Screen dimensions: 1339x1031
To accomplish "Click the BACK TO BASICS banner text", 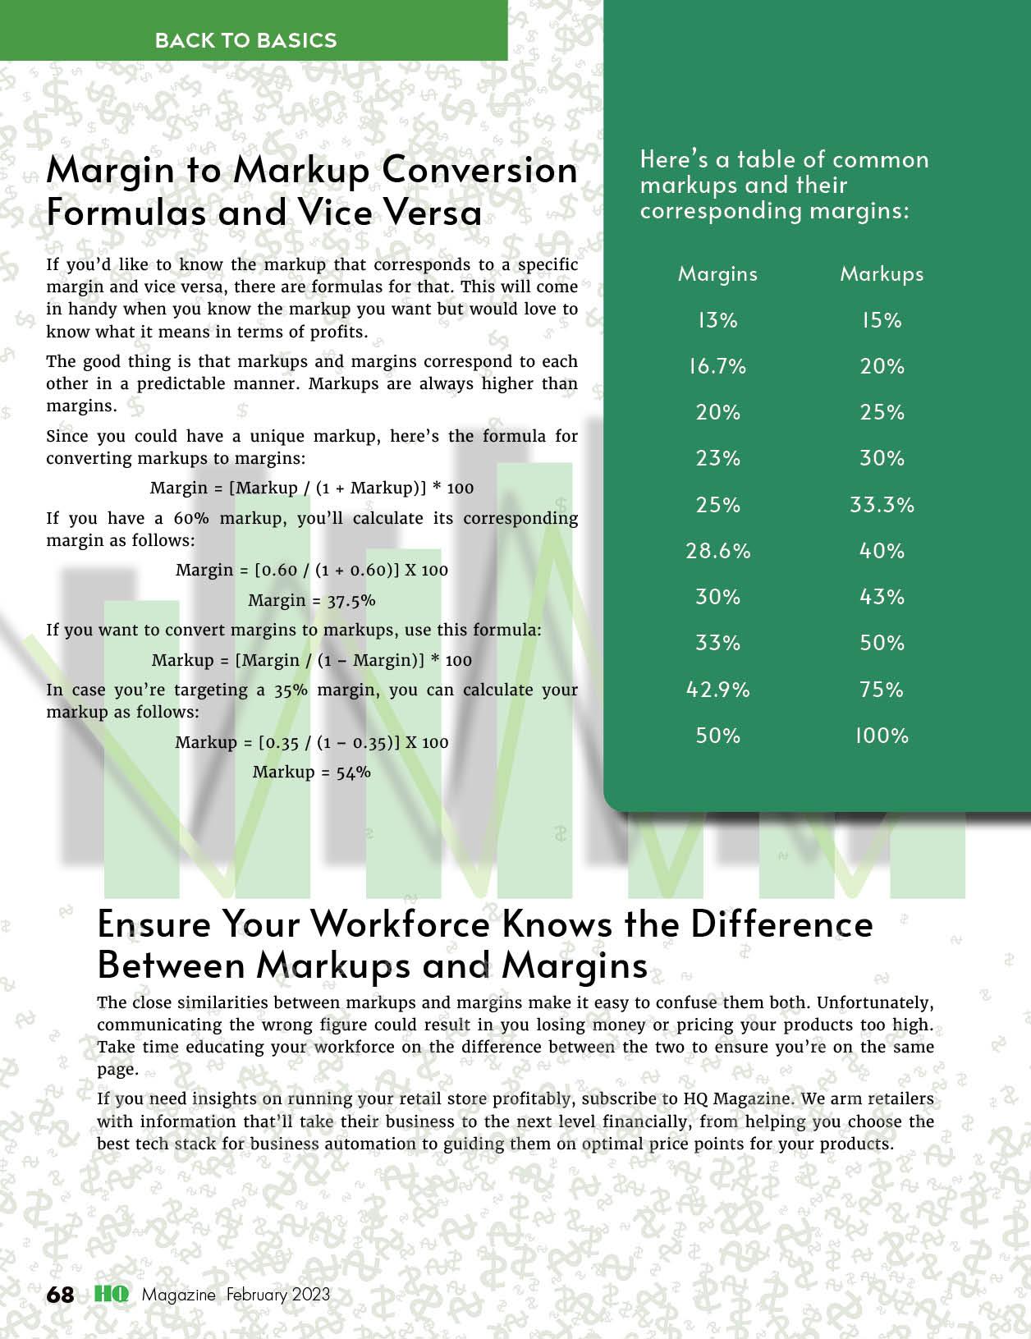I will (245, 40).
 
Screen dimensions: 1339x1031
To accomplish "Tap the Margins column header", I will (717, 274).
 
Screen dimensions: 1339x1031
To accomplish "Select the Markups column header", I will (882, 274).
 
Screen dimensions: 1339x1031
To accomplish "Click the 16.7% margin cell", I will (717, 366).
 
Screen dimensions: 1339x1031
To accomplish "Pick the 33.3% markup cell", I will (882, 504).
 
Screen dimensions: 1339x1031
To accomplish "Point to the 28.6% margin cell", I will (717, 551).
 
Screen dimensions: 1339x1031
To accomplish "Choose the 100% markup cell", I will (882, 736).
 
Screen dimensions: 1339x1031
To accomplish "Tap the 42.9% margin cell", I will (717, 690).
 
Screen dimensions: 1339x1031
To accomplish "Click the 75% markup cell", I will (882, 690).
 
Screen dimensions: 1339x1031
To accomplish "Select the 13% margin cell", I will (717, 320).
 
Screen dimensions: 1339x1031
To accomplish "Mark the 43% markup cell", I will (882, 597).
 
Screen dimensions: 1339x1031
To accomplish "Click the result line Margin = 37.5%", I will (312, 600).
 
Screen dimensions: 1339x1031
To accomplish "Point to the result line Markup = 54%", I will (312, 772).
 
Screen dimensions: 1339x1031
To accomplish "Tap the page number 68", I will (60, 1295).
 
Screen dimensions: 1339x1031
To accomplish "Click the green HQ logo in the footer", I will (111, 1295).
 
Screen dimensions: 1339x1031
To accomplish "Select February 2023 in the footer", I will (278, 1295).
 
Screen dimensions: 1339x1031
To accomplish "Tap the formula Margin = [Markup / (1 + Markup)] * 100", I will (312, 488).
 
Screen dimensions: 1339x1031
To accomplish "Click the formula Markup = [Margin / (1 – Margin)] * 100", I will (312, 660).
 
